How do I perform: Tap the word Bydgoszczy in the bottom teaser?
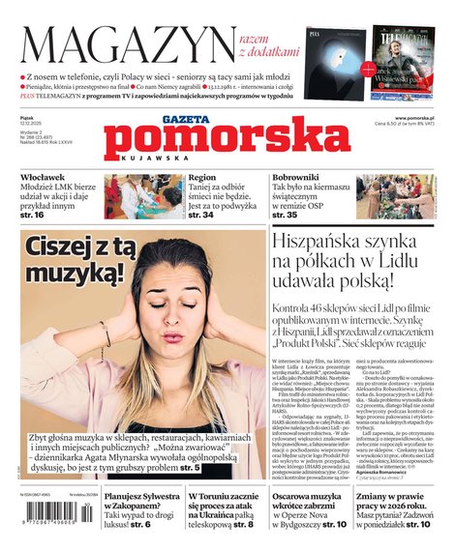297,524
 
